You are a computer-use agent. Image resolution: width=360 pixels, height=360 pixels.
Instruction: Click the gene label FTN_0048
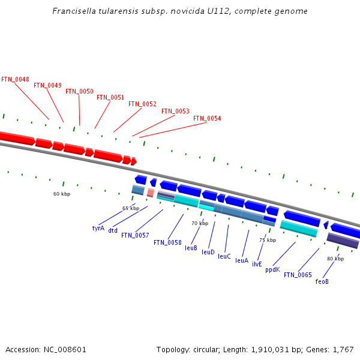[15, 79]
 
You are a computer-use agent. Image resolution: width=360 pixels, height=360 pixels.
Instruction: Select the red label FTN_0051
[110, 97]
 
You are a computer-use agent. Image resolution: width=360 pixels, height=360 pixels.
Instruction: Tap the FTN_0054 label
[207, 118]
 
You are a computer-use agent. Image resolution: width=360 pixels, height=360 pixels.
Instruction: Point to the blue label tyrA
[98, 228]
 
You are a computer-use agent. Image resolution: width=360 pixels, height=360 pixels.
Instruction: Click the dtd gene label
[113, 230]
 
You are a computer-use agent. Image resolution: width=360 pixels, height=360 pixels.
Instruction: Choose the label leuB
[191, 248]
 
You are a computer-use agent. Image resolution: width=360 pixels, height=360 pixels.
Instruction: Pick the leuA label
[242, 260]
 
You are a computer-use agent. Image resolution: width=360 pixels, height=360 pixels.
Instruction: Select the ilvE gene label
[257, 264]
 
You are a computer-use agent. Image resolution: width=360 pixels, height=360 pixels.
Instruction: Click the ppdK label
[272, 269]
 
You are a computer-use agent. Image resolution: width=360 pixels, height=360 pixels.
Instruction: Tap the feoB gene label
[322, 281]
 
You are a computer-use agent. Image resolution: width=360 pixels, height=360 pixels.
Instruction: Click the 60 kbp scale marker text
[62, 194]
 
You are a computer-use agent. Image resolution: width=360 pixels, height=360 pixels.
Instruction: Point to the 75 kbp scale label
[268, 240]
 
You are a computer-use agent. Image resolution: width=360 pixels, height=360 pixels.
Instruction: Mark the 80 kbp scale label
[335, 259]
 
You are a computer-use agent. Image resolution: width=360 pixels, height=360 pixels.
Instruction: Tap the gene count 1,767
[342, 349]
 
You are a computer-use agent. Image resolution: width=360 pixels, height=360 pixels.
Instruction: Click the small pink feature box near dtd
[151, 193]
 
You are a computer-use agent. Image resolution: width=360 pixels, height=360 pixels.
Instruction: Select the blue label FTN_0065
[298, 275]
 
